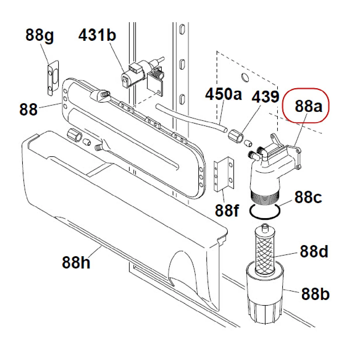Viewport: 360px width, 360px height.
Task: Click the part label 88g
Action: point(40,36)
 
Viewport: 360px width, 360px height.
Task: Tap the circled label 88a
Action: point(308,106)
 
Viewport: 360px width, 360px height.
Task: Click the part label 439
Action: point(265,97)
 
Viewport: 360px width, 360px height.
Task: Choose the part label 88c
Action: point(308,197)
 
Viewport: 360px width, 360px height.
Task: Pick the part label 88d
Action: point(314,251)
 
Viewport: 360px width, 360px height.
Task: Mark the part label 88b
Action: point(315,294)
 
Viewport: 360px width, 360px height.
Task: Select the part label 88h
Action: point(76,262)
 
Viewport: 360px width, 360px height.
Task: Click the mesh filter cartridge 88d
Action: point(264,250)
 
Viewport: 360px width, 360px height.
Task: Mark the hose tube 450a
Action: point(192,117)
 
